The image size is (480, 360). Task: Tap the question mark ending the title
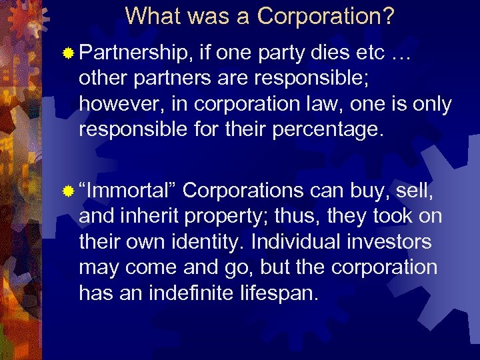point(388,16)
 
